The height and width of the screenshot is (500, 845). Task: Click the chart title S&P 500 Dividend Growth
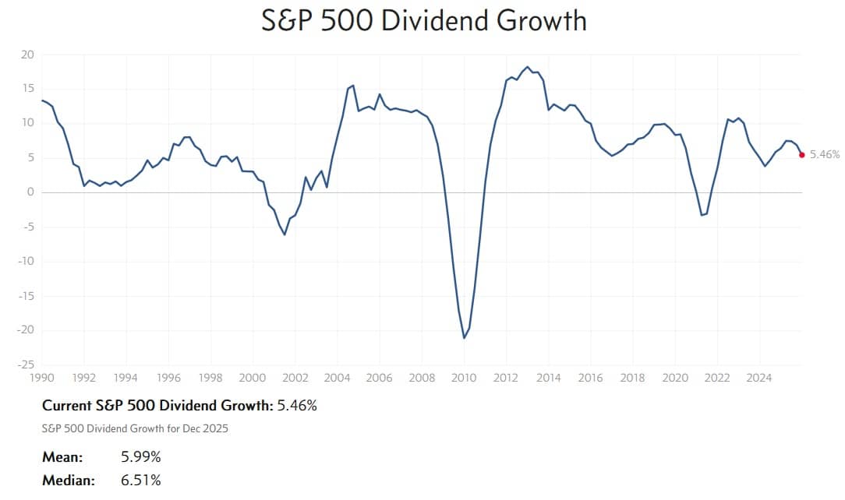click(424, 19)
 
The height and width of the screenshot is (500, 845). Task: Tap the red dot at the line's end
click(802, 155)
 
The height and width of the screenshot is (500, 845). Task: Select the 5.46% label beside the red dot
click(825, 155)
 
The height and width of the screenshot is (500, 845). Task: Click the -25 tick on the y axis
click(26, 364)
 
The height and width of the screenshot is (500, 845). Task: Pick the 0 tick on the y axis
click(31, 192)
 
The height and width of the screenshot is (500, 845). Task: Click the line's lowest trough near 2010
click(464, 338)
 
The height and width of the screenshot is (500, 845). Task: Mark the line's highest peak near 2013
click(528, 67)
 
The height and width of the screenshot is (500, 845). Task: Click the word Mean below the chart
click(62, 456)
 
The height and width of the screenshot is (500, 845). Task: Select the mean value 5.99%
click(141, 456)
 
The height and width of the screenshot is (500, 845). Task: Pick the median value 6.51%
click(141, 481)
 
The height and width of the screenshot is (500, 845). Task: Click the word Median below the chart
click(68, 481)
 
